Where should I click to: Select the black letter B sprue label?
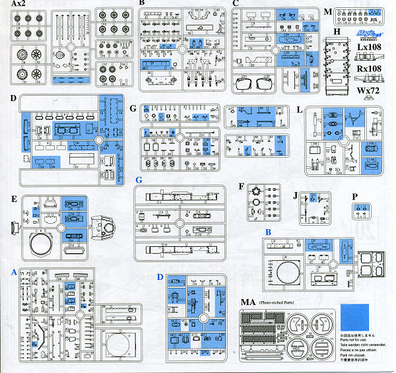point(141,4)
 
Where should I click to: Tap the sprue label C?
point(236,4)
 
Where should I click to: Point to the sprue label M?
point(328,10)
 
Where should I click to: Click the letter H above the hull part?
point(337,32)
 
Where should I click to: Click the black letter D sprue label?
point(14,98)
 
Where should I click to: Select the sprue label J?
point(296,195)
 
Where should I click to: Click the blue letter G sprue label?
point(139,180)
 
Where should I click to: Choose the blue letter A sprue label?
point(14,271)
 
